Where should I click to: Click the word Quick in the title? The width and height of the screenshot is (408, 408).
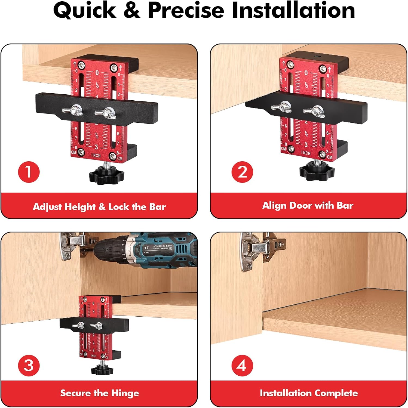(85, 10)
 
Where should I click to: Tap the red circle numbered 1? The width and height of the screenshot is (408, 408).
(29, 172)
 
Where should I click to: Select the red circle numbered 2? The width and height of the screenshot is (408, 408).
(242, 172)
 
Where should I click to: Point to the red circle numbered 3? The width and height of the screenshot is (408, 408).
(29, 365)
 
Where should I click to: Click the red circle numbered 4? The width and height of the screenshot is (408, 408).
(242, 365)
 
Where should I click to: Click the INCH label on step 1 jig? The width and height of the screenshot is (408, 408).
(96, 156)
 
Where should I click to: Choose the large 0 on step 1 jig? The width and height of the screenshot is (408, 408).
(97, 73)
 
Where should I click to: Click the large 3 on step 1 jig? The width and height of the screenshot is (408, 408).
(96, 147)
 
